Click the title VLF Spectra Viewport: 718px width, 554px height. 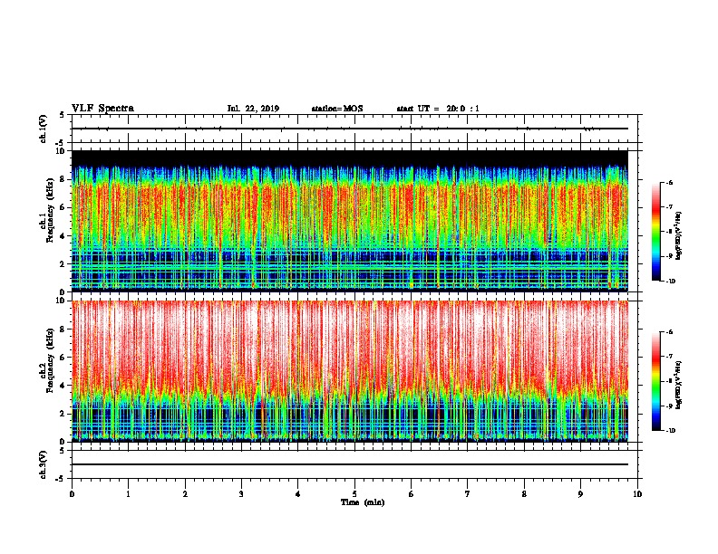(x=102, y=108)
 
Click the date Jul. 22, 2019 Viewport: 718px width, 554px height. (x=253, y=109)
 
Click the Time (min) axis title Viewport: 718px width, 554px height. (x=362, y=501)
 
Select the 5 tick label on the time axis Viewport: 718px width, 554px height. (x=355, y=493)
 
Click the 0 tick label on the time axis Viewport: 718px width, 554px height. (x=72, y=493)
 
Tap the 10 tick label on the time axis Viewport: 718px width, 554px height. (x=637, y=493)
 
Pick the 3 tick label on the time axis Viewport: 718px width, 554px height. (x=242, y=493)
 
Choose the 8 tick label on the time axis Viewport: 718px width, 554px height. (x=525, y=493)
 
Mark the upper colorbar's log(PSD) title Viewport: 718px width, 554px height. (x=691, y=233)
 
